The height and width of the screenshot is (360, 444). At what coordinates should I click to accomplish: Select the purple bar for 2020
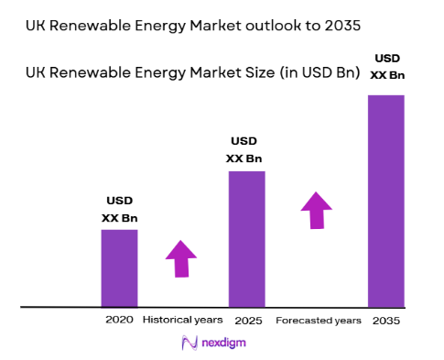coord(119,267)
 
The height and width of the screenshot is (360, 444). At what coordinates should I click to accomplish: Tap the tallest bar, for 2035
coord(385,201)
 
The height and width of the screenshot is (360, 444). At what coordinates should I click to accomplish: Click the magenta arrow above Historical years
coord(181,259)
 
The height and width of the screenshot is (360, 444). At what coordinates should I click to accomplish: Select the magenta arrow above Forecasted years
coord(317,210)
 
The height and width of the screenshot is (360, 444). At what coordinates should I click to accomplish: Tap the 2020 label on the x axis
coord(119,320)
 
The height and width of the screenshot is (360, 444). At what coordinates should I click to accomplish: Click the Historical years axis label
coord(183,320)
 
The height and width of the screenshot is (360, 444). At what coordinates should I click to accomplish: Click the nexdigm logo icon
coord(190,342)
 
